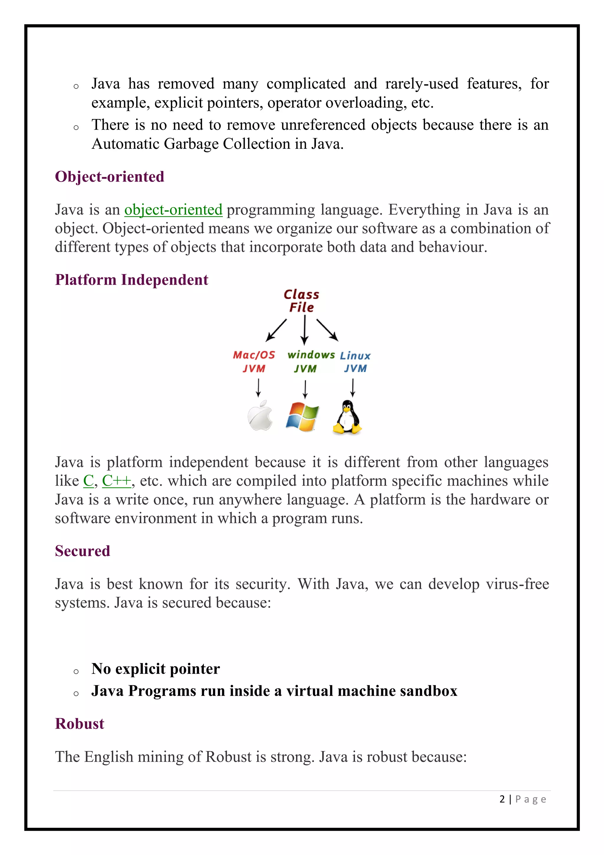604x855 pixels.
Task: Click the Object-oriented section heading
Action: point(109,177)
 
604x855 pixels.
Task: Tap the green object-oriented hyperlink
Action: point(173,210)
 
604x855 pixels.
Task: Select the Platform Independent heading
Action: point(131,280)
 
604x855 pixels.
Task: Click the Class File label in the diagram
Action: point(301,301)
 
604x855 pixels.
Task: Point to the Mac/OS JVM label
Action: point(254,361)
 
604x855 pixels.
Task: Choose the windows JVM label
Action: point(311,361)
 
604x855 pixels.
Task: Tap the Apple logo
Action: point(260,416)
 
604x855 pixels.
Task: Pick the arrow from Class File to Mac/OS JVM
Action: point(276,330)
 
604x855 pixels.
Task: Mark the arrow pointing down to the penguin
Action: point(353,388)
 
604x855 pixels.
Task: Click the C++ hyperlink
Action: point(117,481)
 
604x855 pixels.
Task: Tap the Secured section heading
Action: point(83,551)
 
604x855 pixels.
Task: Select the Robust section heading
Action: point(80,724)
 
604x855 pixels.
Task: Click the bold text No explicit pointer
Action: point(155,668)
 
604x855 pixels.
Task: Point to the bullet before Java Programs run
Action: point(76,694)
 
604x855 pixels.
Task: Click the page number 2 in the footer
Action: point(502,799)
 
